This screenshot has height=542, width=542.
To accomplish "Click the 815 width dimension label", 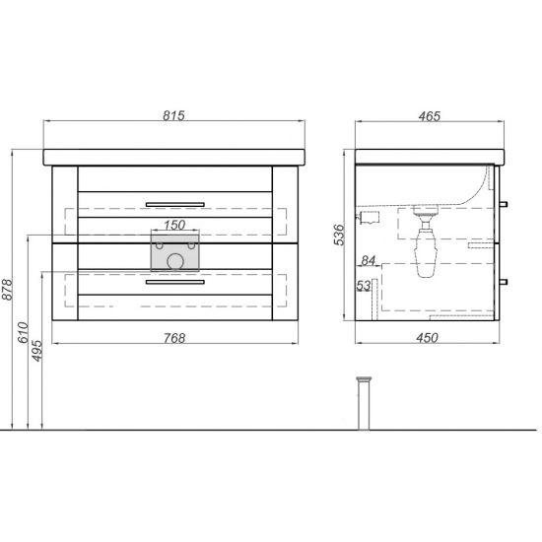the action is tap(173, 115).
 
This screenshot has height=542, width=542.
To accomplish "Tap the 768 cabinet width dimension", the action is tap(174, 338).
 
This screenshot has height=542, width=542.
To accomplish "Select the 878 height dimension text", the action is tap(7, 290).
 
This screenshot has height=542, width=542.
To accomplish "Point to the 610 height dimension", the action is tap(24, 332).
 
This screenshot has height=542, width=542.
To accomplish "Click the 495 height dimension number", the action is tap(37, 351).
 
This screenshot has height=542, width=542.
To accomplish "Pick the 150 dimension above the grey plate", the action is tap(174, 225).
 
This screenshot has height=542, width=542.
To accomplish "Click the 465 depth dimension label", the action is tap(430, 116).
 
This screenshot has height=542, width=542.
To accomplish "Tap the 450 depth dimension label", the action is tap(428, 338).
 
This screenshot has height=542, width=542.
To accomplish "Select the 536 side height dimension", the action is tap(339, 235).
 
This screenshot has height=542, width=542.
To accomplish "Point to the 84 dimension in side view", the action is tap(368, 260).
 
